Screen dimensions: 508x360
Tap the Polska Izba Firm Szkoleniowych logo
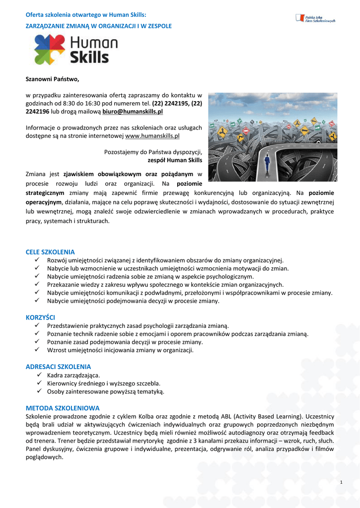[315, 18]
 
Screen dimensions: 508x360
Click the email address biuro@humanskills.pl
[133, 112]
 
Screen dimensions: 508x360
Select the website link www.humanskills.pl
[152, 135]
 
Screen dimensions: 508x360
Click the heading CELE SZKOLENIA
[50, 252]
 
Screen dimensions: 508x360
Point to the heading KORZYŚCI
[40, 317]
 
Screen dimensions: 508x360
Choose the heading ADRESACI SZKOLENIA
[58, 367]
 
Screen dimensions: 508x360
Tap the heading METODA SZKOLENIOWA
[63, 408]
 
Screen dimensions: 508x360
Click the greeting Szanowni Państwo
[52, 79]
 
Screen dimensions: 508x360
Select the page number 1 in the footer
[342, 483]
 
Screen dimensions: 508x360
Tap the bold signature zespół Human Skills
[175, 161]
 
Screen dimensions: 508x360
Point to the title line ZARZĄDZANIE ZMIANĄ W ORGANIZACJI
[99, 26]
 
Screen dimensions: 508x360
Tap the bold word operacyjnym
[44, 202]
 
